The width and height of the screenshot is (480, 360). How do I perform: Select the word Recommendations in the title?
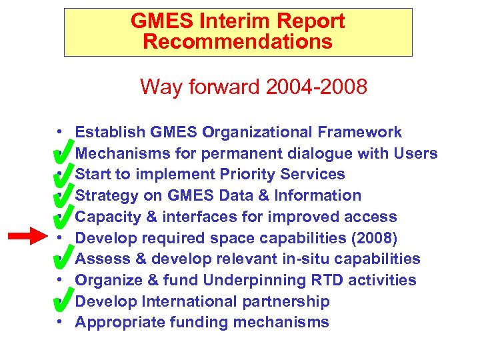tap(237, 42)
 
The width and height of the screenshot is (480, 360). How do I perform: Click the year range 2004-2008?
tap(316, 87)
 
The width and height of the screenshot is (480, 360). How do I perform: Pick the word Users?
tap(415, 153)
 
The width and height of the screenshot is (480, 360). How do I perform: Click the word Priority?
tap(245, 174)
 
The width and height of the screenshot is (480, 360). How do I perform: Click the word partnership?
tap(293, 301)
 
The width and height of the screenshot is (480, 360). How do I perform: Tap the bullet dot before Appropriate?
tap(60, 323)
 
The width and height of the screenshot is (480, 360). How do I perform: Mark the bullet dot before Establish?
tap(60, 132)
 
